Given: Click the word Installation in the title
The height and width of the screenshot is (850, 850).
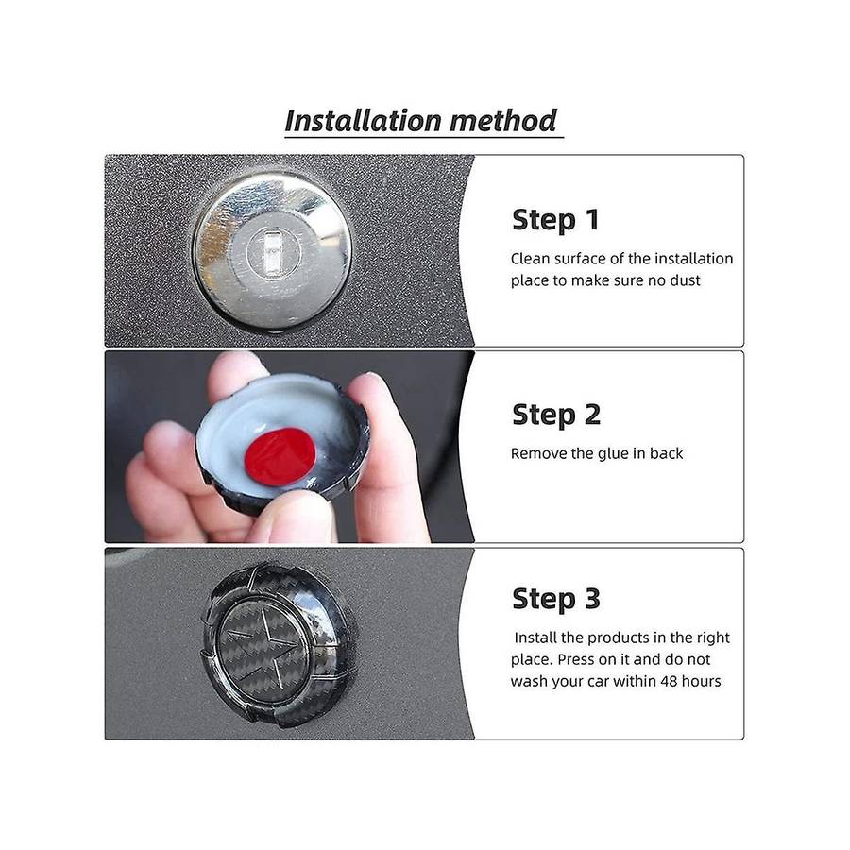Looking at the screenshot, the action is [363, 121].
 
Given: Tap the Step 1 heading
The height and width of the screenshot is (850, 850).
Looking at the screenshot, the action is [555, 219].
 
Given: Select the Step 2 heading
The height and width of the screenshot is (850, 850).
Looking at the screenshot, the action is [556, 415].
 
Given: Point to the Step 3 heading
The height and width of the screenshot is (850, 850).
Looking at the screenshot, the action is [556, 599].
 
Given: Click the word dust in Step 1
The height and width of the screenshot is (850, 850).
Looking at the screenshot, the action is [686, 280].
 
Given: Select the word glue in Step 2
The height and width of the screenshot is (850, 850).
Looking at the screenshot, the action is [612, 453].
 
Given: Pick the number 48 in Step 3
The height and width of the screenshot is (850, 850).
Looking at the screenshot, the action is [669, 681].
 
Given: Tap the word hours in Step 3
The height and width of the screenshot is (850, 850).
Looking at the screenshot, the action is [702, 681].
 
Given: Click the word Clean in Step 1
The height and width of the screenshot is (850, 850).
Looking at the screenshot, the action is [530, 259].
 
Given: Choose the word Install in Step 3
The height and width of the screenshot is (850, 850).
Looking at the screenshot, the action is [535, 637].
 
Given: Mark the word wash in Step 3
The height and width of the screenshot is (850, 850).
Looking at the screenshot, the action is [527, 681].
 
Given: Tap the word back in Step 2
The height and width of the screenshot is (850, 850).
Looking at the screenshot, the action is [666, 453].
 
